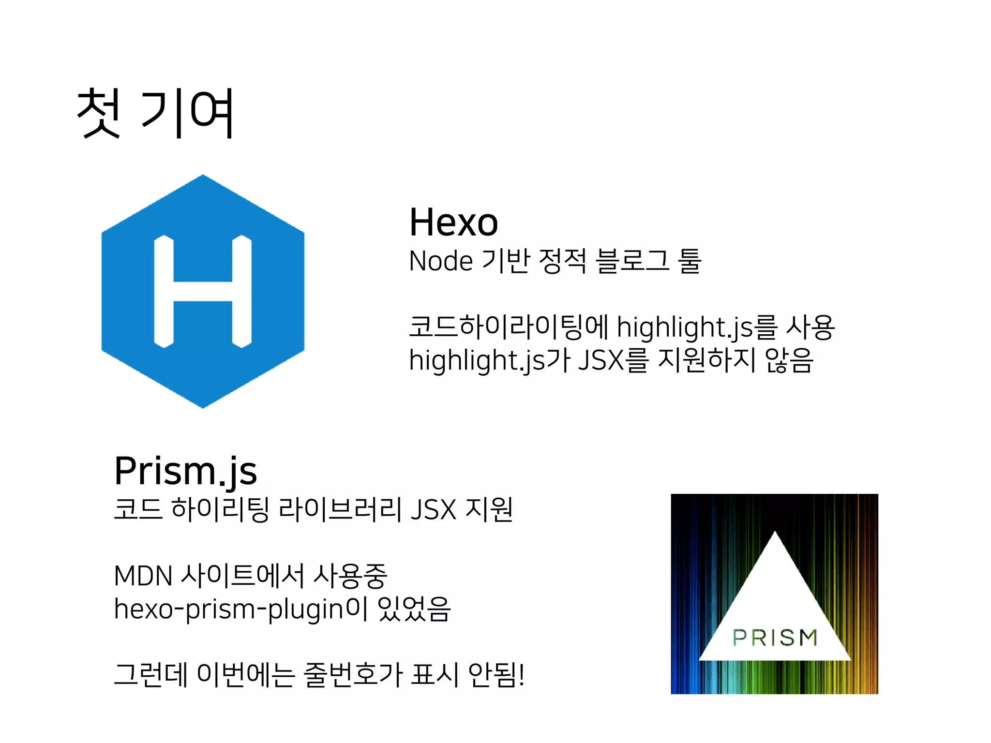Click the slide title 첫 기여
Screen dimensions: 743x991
point(156,113)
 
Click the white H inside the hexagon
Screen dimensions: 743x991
point(203,291)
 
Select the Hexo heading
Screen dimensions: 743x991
point(453,223)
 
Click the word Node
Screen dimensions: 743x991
point(440,261)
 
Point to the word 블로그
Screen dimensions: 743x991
point(632,261)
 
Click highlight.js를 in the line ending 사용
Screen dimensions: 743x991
point(697,328)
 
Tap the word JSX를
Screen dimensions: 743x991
point(613,361)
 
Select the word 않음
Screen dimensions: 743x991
point(789,361)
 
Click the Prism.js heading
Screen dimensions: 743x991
point(185,471)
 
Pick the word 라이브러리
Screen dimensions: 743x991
point(340,509)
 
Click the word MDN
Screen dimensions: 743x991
point(143,576)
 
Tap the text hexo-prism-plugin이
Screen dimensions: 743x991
point(240,609)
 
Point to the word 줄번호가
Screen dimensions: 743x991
point(353,675)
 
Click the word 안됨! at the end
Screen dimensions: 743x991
point(496,675)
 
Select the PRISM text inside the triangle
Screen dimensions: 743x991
point(775,638)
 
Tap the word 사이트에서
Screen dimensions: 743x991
point(242,576)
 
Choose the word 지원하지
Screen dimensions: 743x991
point(706,361)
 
